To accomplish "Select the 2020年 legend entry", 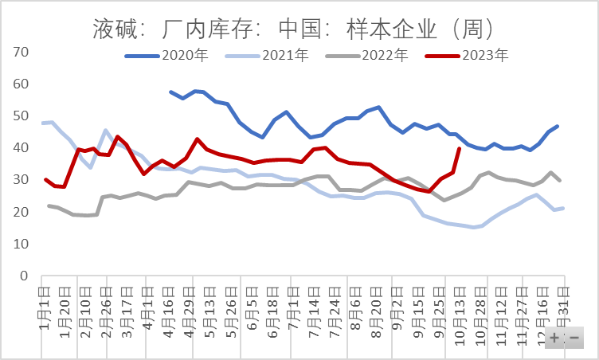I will (177, 56).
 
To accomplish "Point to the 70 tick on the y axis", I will (22, 52).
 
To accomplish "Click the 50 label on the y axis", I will (22, 116).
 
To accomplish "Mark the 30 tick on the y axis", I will (22, 180).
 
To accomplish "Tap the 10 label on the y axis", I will (22, 245).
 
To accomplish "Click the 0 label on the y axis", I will (25, 276).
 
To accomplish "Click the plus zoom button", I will (554, 338).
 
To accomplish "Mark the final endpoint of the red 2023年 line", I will (459, 148).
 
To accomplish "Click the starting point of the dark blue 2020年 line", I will (170, 92).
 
